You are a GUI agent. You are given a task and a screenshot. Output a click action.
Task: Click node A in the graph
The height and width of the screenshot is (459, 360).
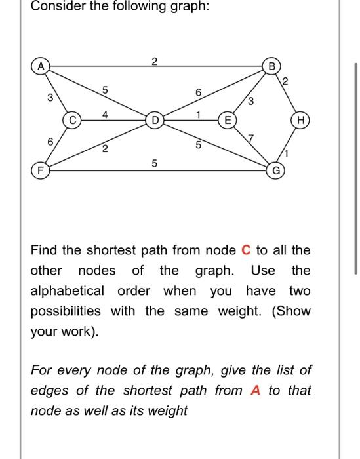[x=41, y=66]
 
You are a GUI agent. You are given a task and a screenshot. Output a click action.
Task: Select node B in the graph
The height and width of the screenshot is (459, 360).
[x=270, y=66]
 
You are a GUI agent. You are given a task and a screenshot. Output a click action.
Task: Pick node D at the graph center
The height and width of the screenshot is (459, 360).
[x=155, y=121]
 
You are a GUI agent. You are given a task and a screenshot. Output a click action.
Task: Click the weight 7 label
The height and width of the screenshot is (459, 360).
[x=250, y=138]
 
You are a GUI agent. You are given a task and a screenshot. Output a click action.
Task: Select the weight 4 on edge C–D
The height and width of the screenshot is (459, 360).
[x=105, y=114]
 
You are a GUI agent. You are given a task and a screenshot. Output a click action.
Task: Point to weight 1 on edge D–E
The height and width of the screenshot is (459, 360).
[x=198, y=114]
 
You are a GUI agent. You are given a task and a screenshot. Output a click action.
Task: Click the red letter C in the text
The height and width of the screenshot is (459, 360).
[x=247, y=250]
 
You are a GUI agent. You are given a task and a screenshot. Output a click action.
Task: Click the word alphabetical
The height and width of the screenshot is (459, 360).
[x=68, y=290]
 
